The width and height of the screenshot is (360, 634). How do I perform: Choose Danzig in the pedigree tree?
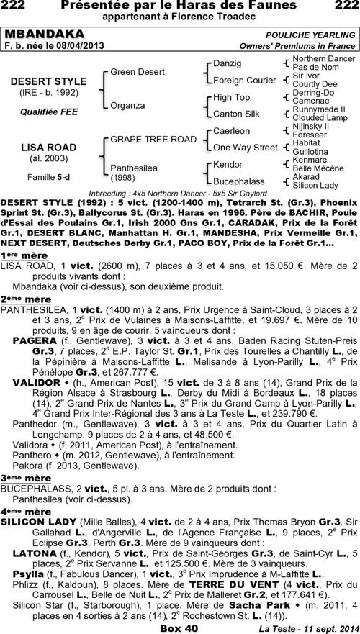point(228,64)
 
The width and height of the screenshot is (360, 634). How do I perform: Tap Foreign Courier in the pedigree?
point(245,80)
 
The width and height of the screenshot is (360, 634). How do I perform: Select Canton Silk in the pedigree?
point(237,114)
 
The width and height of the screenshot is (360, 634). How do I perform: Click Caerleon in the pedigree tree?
point(232,131)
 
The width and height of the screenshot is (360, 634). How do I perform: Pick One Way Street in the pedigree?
point(246,148)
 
